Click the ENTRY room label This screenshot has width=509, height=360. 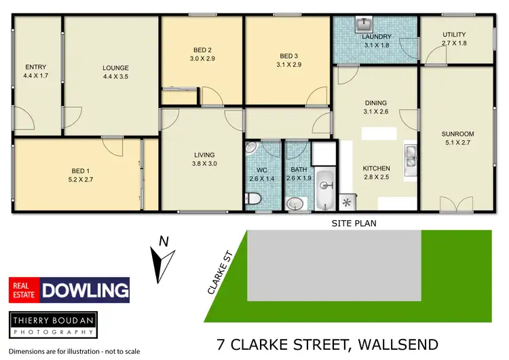(x=35, y=67)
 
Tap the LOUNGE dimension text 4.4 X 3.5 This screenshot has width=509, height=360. (x=115, y=77)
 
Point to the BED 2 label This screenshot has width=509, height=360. (x=201, y=50)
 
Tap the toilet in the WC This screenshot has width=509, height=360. (x=254, y=198)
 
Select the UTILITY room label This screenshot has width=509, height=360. (x=454, y=35)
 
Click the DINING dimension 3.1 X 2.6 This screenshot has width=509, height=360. (x=375, y=111)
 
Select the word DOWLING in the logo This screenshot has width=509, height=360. (x=85, y=291)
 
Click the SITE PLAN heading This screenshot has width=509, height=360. (x=354, y=223)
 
